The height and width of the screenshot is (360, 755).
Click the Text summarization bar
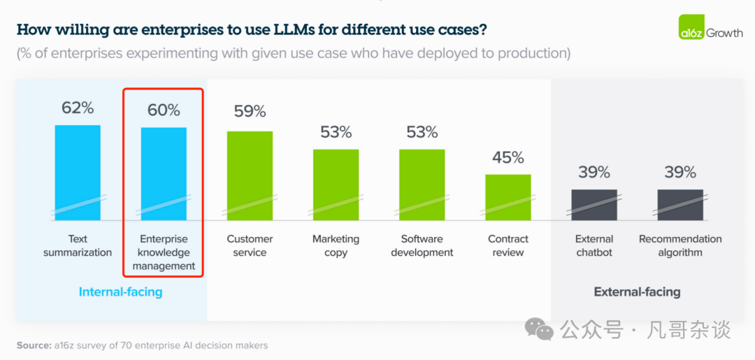[x=78, y=172]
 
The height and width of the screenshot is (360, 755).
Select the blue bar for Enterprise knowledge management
[x=164, y=173]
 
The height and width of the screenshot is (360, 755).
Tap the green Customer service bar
[x=250, y=175]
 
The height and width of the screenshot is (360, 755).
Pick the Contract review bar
[x=508, y=197]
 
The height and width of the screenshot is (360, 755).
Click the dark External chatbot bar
[x=594, y=204]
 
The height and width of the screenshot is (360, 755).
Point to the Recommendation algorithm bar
[x=680, y=204]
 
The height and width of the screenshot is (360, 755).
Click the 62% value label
[x=78, y=108]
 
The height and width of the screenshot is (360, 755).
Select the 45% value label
[x=508, y=157]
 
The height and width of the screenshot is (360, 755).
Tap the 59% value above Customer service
[x=250, y=111]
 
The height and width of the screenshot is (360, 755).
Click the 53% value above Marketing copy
[x=336, y=132]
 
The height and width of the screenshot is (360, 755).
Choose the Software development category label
[x=422, y=245]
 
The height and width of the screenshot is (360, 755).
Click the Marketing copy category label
[x=336, y=245]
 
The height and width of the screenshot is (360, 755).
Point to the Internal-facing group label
[x=120, y=292]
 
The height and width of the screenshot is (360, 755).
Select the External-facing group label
[x=637, y=292]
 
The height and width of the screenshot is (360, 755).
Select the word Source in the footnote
[x=32, y=345]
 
